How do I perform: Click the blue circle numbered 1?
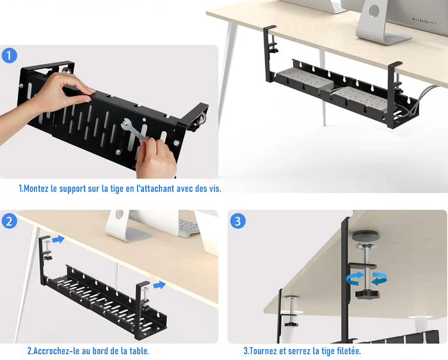click(9, 56)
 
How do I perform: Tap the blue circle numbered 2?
click(9, 221)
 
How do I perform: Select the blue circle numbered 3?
click(237, 221)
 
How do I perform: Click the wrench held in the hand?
click(134, 130)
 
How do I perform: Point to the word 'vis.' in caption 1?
click(215, 189)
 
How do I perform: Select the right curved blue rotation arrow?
click(379, 278)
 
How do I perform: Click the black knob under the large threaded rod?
click(367, 294)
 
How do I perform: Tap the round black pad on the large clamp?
click(365, 236)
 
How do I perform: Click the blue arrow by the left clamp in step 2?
click(58, 239)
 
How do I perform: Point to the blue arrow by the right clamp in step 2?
click(159, 285)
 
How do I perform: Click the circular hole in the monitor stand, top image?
click(374, 11)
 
